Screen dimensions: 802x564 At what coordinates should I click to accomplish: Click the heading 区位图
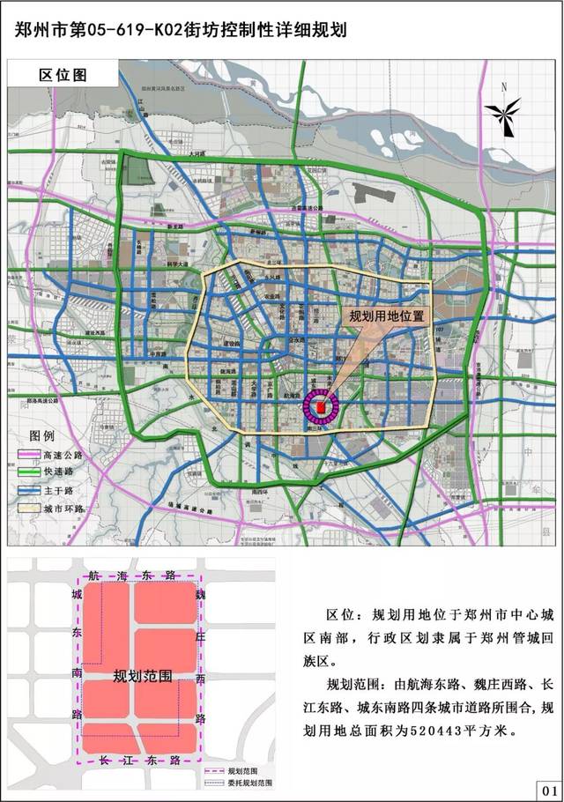click(63, 74)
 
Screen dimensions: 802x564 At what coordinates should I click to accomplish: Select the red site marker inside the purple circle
click(322, 408)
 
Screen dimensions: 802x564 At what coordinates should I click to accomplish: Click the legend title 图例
click(42, 436)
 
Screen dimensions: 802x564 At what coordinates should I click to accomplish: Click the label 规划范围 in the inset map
click(142, 676)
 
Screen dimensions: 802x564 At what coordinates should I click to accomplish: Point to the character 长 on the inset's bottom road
click(104, 759)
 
